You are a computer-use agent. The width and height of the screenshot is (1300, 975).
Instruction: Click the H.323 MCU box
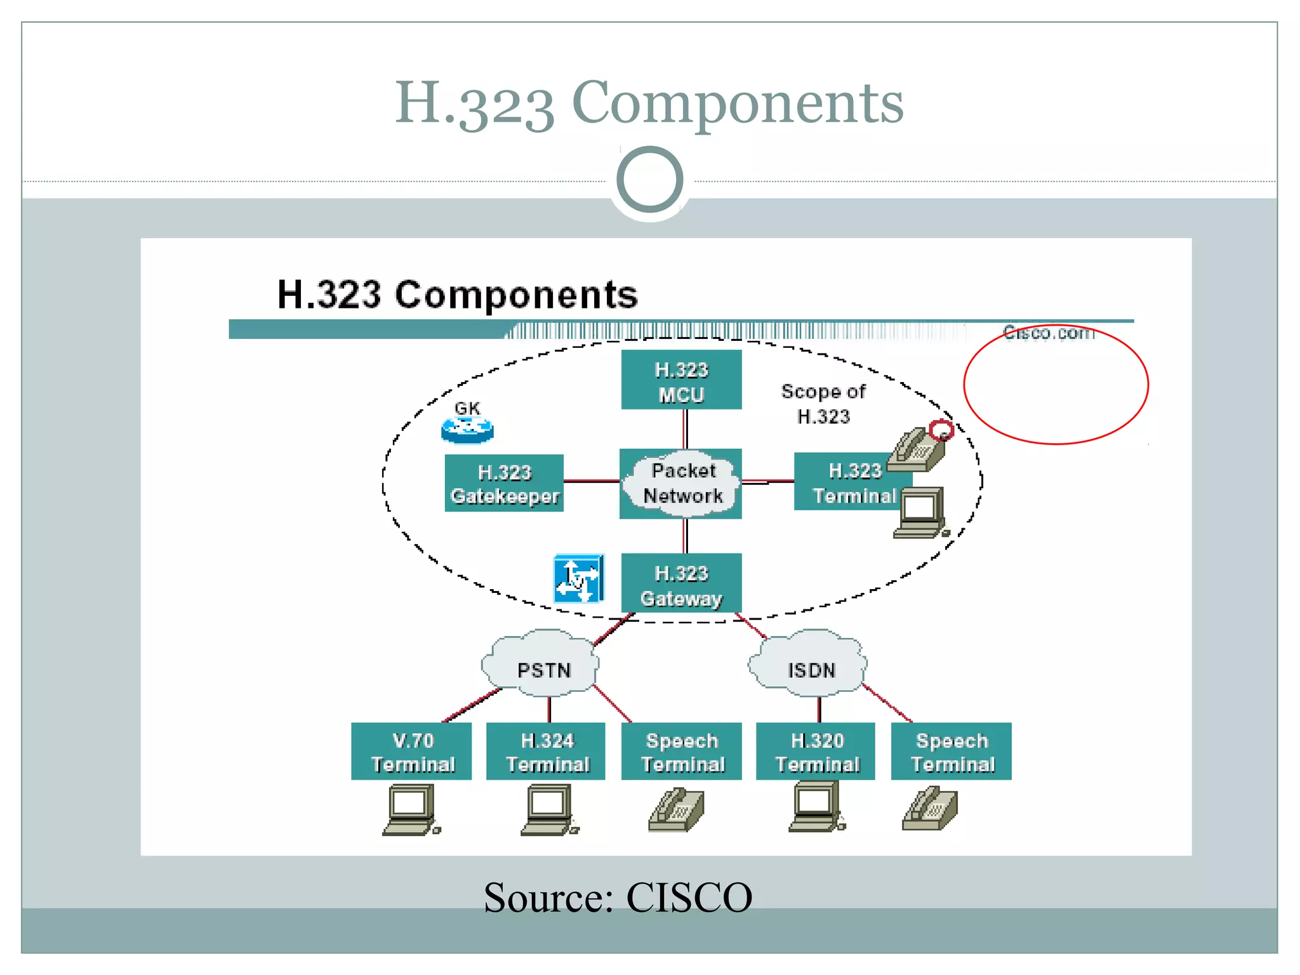681,380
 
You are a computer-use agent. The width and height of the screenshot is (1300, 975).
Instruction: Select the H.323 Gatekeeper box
504,483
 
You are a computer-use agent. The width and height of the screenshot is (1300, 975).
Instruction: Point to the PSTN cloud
541,666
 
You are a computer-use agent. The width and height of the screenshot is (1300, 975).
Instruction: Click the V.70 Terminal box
411,751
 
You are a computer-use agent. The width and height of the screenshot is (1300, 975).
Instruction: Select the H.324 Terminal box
546,751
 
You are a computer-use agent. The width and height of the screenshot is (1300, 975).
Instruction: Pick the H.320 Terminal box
816,751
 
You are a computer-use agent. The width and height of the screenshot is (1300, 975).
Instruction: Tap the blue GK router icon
468,430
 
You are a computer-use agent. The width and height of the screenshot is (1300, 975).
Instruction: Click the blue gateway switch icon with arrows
578,578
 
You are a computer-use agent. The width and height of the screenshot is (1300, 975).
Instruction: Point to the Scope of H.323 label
823,403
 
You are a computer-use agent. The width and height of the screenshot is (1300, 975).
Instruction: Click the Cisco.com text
1049,332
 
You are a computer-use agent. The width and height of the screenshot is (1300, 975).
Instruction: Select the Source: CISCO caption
618,897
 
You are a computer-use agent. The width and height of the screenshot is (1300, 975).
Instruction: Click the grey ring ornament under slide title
649,180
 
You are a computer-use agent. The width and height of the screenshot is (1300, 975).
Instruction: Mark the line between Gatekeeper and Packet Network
592,481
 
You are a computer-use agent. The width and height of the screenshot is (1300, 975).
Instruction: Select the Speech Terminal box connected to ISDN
951,751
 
